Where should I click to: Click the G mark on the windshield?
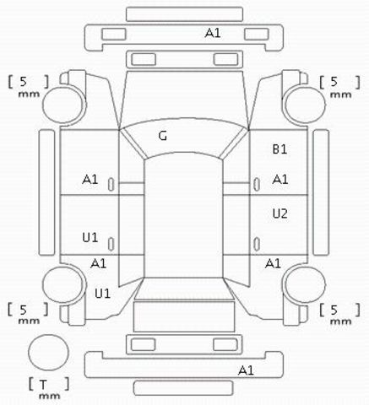[x=163, y=136]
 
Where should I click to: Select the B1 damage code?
[x=279, y=149]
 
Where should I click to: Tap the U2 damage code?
[x=280, y=213]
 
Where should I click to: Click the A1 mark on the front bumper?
[x=213, y=33]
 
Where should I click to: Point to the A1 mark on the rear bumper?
[x=246, y=370]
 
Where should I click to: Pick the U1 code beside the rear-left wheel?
[x=102, y=294]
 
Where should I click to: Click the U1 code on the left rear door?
[x=90, y=238]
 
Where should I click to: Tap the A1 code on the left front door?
[x=90, y=179]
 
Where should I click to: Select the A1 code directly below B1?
[x=280, y=179]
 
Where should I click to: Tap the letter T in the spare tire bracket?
[x=42, y=384]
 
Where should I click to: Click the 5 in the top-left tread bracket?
[x=23, y=82]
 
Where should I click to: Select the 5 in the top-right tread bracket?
[x=334, y=82]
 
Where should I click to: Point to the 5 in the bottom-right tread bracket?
[x=334, y=310]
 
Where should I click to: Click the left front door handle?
[x=111, y=185]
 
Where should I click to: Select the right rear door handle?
[x=257, y=244]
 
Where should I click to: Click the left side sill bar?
[x=46, y=192]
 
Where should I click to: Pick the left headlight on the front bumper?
[x=114, y=34]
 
